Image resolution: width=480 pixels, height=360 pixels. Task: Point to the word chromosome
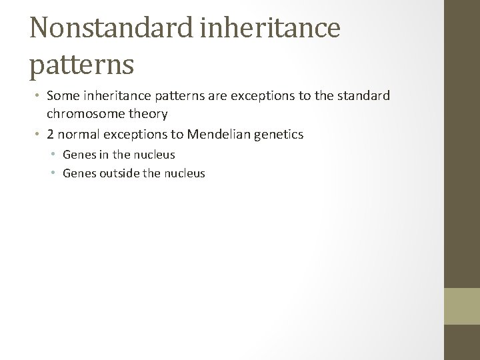coord(85,114)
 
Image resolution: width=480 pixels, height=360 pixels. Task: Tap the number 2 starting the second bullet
coord(51,135)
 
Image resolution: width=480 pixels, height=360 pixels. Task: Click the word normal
coord(78,135)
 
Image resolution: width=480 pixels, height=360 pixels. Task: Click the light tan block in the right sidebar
coord(462,306)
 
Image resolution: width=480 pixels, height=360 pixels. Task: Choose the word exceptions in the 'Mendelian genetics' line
coord(136,135)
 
